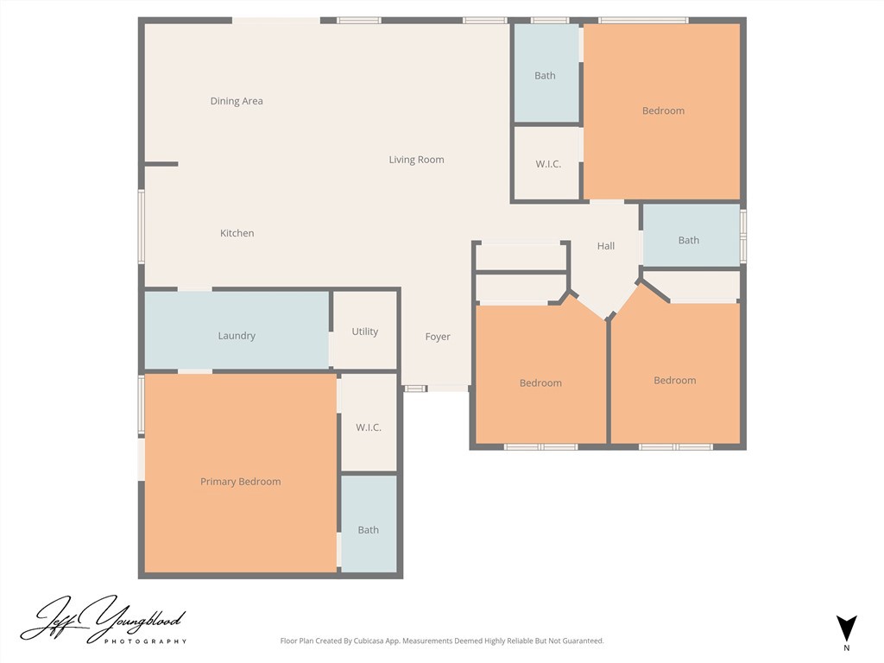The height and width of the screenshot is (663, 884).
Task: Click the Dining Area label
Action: point(237,101)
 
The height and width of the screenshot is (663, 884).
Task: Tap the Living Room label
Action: point(416,160)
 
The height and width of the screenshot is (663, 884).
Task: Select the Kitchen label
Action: point(237,233)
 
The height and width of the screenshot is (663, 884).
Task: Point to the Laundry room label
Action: point(237,336)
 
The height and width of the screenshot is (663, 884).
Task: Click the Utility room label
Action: point(365,331)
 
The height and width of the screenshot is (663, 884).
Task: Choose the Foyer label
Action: point(438,337)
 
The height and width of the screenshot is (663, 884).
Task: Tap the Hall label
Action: point(605,246)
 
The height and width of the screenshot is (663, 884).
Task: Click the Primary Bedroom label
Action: point(240,482)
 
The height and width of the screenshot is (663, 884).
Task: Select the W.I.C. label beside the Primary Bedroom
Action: point(368,427)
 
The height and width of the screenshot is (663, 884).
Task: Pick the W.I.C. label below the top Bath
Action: point(548,164)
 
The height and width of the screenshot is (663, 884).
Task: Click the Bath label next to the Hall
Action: point(688,240)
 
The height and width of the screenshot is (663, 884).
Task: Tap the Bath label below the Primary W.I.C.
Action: point(368,530)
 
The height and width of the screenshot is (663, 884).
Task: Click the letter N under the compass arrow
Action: point(846,648)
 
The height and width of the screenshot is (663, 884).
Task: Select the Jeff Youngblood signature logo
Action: point(104,620)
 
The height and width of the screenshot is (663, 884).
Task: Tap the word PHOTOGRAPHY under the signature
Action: point(145,641)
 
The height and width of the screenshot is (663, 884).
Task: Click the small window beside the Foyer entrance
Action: point(415,388)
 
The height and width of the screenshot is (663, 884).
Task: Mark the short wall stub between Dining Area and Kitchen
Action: point(161,164)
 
